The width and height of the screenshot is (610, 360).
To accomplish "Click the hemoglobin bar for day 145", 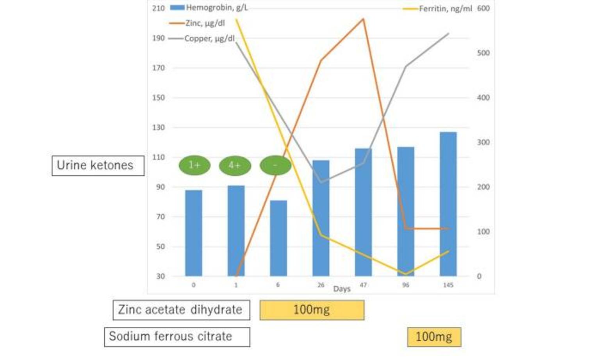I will point(448,204).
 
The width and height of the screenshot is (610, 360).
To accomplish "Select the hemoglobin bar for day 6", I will point(278,238).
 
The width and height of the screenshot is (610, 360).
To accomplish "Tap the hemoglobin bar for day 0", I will point(193,233).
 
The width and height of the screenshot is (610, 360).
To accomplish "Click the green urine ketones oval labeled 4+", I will point(235,166).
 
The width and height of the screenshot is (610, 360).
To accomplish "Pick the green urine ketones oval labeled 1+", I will point(194,166).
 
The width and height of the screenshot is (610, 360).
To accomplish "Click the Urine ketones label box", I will point(98,166).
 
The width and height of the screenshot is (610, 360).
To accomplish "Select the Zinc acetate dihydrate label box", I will point(181,310).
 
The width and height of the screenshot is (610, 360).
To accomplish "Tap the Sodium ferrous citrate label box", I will point(177,337).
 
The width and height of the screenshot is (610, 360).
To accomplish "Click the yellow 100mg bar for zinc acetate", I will point(312,310).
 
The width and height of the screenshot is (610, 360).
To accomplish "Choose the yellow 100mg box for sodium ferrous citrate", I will point(434,337).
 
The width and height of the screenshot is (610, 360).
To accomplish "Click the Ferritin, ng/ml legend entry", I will point(438,9).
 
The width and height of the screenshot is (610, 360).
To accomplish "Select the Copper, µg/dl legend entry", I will point(202,38).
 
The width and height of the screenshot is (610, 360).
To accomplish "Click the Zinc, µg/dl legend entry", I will point(198,23).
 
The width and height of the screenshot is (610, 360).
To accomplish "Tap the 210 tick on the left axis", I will point(159,8).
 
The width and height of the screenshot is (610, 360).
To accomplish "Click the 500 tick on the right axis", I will point(483,53).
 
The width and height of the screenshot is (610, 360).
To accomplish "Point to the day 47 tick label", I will point(363,285).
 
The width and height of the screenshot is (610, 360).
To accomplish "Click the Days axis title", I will point(342,289).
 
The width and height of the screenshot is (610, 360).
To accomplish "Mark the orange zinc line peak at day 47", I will point(363,19).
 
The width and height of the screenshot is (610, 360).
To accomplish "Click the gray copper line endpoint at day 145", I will point(448,34).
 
